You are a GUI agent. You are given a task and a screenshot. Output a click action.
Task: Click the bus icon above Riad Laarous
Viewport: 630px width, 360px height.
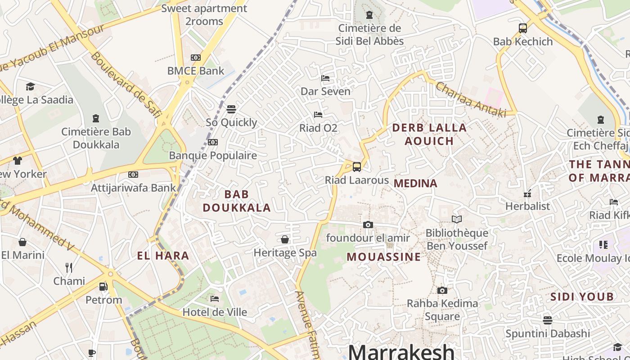[357, 167]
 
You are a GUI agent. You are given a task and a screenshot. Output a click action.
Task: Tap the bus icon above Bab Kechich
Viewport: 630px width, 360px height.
[523, 28]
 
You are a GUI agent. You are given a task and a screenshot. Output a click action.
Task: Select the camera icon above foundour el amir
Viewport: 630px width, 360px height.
[368, 225]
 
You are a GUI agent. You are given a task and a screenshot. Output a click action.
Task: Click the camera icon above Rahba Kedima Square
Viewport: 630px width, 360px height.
[442, 290]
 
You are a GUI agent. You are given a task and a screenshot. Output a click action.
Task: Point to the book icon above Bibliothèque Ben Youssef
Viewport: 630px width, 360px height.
[457, 219]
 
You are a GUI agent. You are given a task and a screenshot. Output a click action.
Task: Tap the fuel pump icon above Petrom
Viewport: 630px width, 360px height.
[103, 287]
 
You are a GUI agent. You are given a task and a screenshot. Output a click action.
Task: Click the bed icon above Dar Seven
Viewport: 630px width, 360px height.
[325, 78]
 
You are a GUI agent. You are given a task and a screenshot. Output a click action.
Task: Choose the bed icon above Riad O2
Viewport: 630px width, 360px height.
[318, 115]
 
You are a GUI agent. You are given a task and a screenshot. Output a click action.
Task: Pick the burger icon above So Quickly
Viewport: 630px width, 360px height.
[231, 109]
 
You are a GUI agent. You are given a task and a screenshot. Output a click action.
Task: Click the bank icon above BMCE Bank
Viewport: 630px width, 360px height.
[196, 58]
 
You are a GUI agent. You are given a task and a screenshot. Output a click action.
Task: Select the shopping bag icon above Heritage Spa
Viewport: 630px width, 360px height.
[285, 239]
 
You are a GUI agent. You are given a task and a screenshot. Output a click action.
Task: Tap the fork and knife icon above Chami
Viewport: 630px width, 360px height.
[69, 268]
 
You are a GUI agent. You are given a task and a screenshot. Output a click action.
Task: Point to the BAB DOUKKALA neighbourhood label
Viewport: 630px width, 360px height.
[237, 201]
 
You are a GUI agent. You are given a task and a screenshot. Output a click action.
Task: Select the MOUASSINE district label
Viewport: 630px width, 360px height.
[384, 257]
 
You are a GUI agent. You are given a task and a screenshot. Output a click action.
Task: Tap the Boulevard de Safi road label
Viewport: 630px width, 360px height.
[126, 85]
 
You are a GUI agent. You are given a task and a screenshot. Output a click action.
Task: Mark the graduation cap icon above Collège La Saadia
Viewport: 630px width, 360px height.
[30, 86]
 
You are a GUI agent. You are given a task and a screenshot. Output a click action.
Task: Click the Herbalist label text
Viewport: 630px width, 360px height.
[527, 206]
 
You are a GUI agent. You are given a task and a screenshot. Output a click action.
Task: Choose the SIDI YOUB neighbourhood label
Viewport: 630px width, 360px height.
[582, 297]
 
